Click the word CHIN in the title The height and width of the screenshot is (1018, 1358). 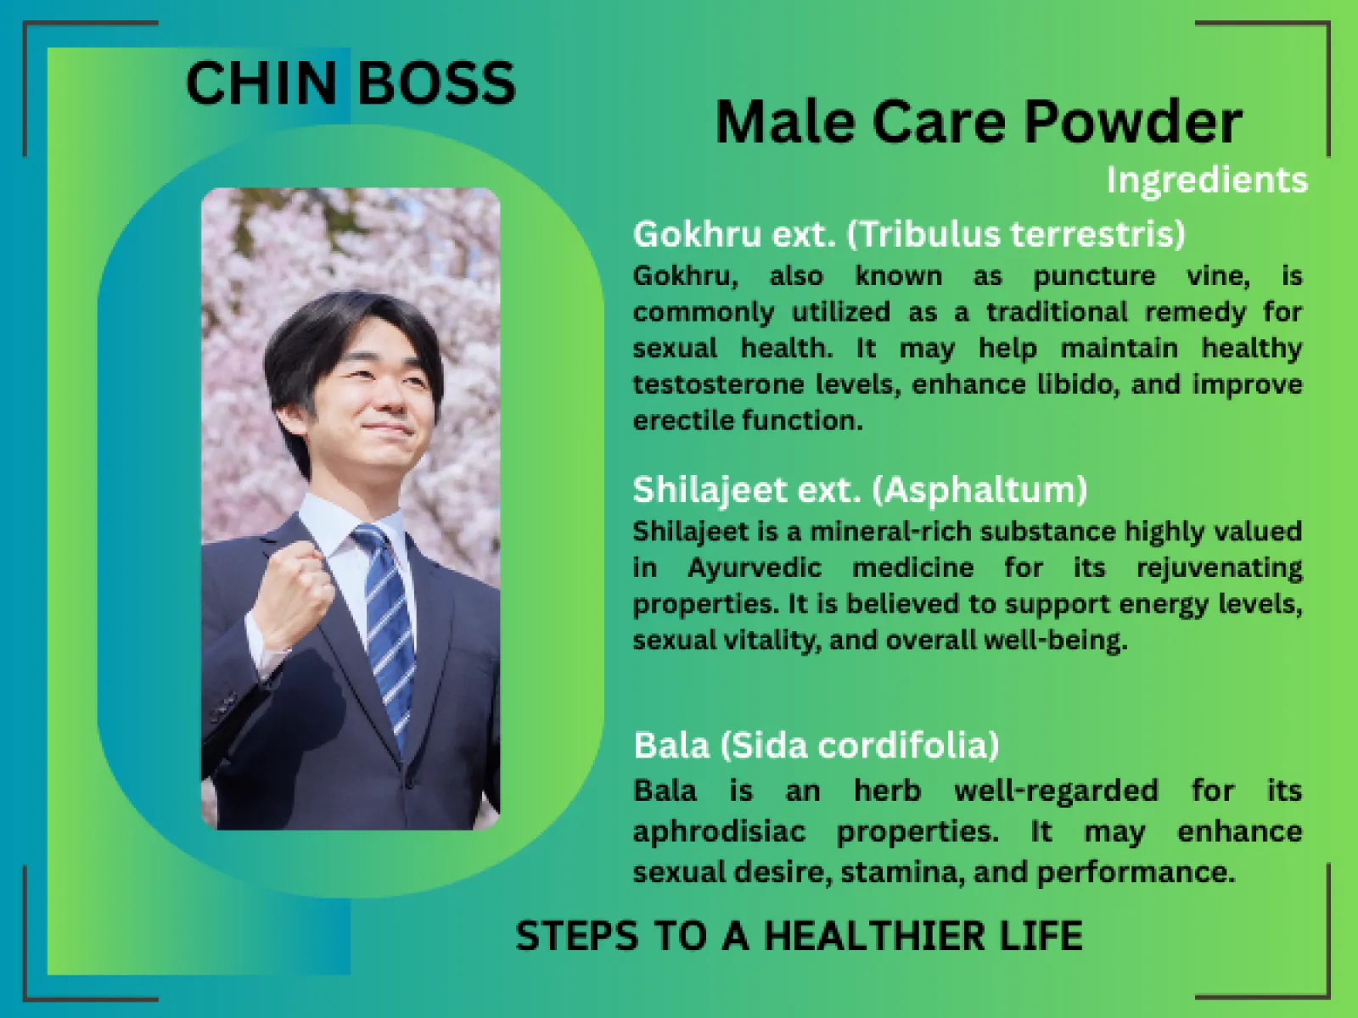261,83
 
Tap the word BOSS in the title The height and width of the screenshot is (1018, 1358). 435,83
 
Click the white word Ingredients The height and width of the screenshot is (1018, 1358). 1206,180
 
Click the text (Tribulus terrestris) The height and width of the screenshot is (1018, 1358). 1016,233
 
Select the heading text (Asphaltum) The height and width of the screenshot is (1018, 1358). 979,489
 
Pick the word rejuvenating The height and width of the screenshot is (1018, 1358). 1219,568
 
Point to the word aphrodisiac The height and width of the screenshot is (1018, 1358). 719,831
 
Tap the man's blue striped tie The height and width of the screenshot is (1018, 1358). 386,611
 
